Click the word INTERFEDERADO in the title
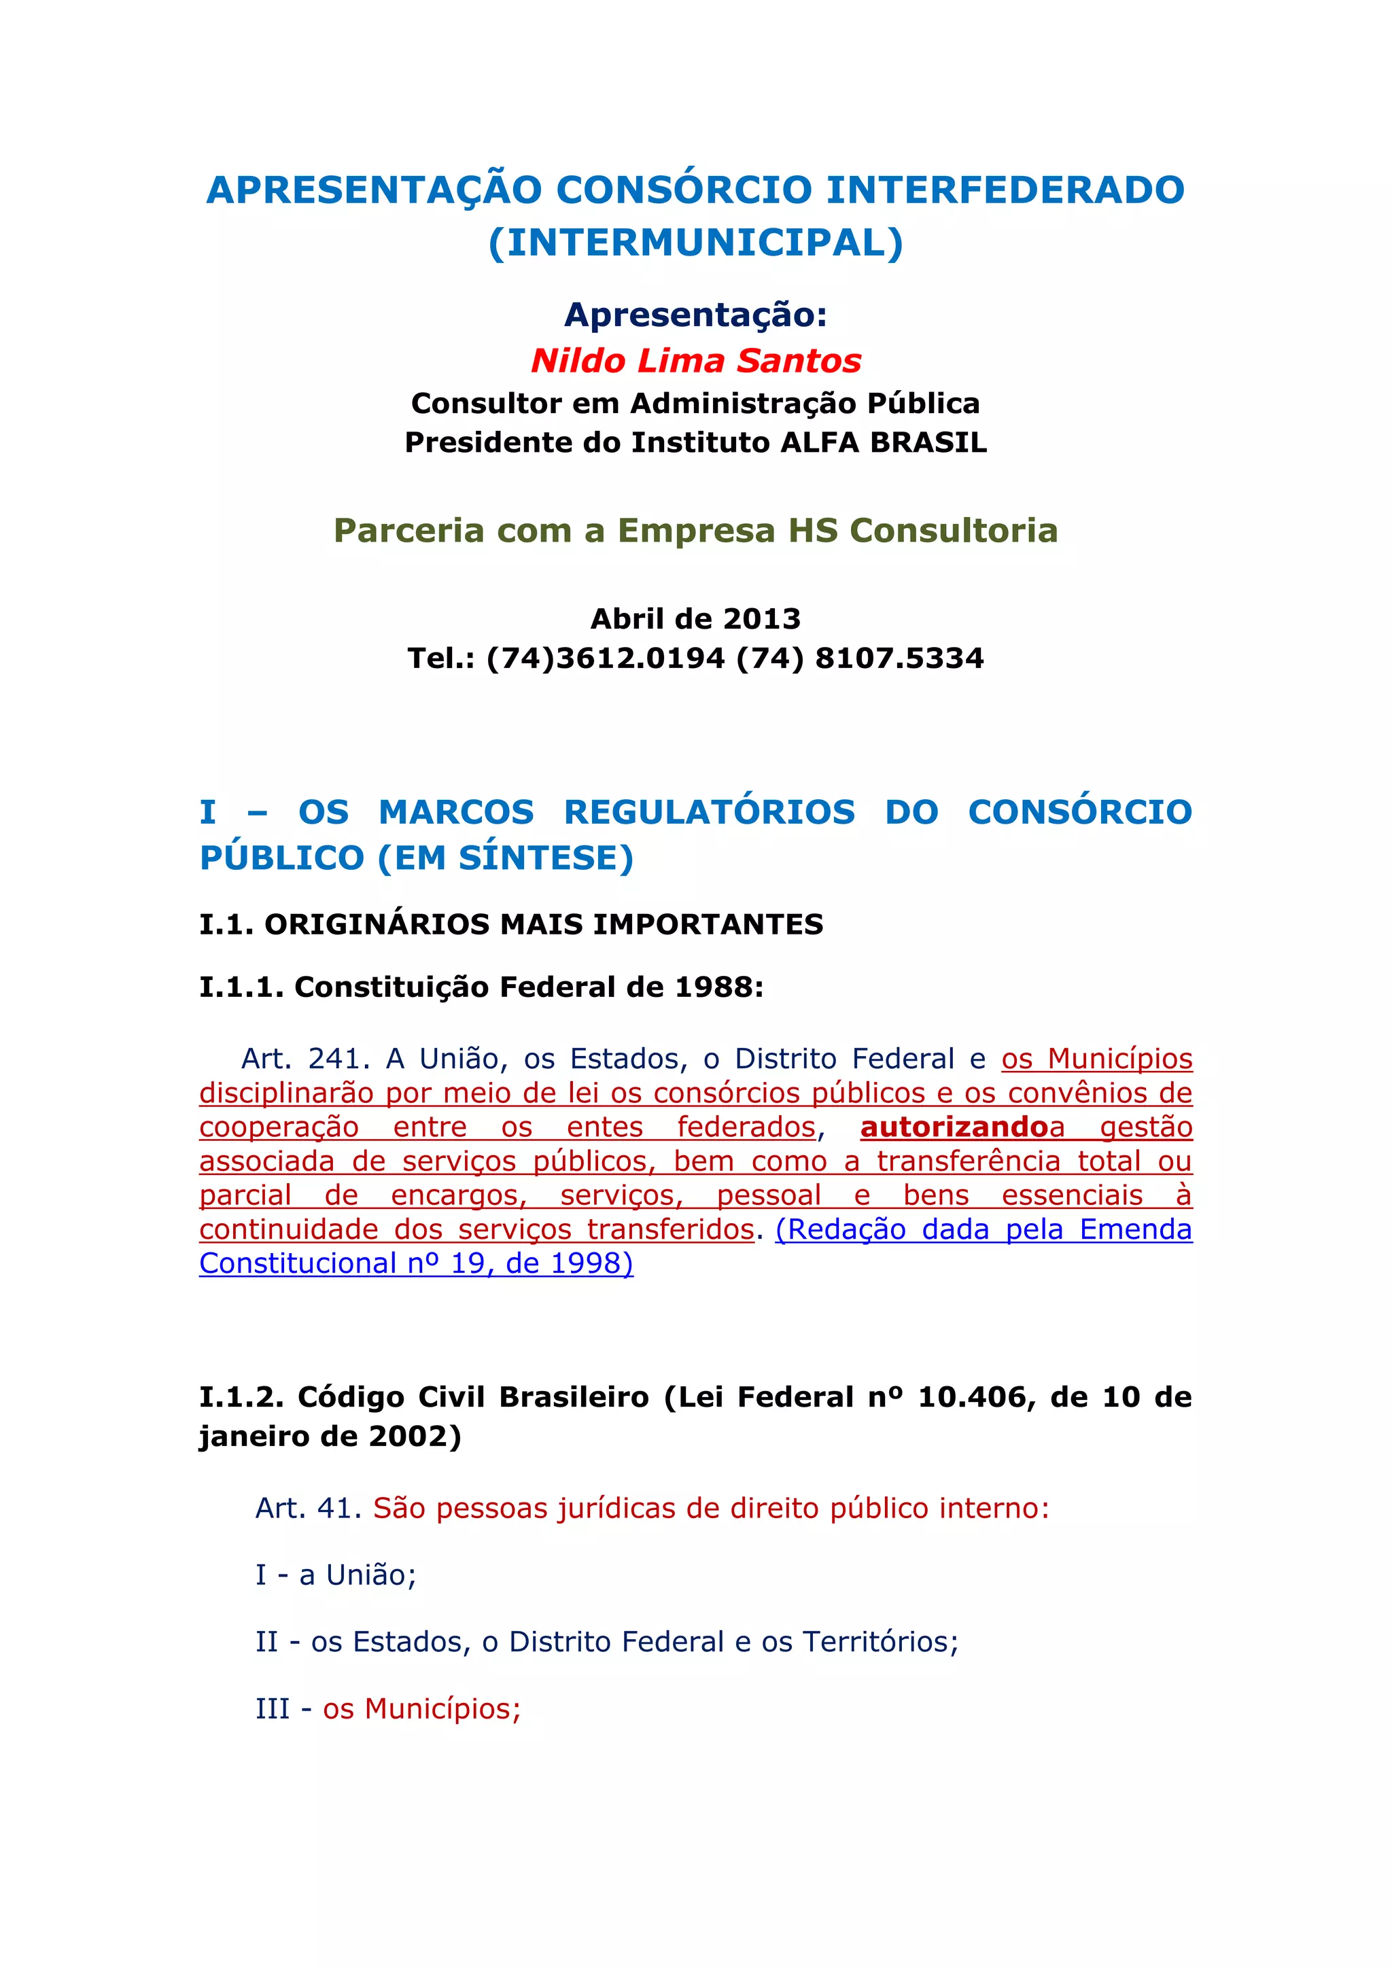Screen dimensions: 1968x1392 click(1005, 190)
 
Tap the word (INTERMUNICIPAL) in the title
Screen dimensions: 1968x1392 click(695, 243)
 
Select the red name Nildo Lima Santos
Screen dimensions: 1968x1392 click(695, 361)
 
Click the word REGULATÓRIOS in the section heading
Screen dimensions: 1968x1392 click(709, 811)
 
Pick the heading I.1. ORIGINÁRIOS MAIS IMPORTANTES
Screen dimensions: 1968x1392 click(511, 924)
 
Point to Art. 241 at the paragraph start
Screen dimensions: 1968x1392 click(304, 1059)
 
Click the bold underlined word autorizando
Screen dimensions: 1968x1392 click(954, 1127)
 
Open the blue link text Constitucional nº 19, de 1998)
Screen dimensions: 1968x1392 click(416, 1263)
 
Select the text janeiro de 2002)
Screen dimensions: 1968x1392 click(330, 1436)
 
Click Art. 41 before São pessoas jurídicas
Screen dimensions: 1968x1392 click(308, 1508)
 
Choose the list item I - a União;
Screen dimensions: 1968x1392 click(335, 1575)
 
